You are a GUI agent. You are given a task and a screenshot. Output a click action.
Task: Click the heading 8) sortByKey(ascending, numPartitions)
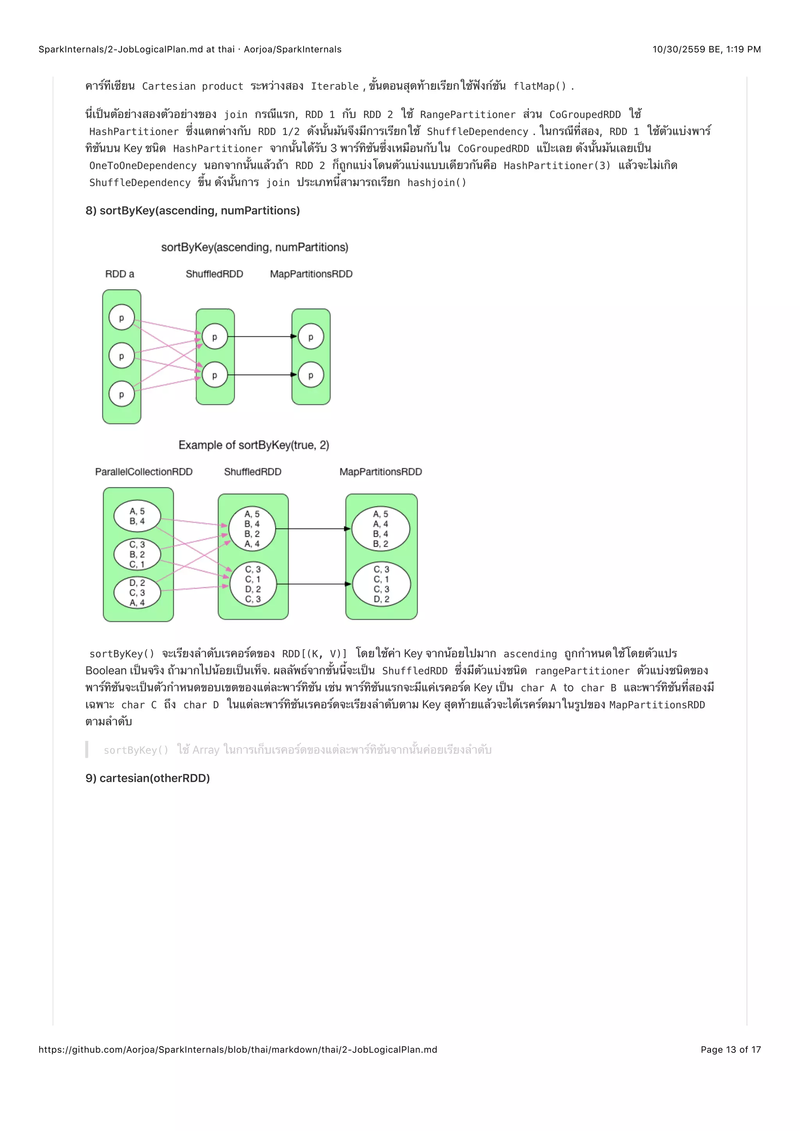[193, 211]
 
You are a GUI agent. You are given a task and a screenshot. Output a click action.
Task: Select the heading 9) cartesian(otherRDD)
[147, 778]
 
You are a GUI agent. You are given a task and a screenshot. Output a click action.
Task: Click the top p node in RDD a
[121, 318]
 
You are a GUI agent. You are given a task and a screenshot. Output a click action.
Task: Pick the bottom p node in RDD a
[121, 394]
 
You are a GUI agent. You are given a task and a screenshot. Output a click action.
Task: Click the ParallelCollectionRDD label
[143, 472]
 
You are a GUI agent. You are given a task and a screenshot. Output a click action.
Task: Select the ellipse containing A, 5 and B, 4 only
[137, 516]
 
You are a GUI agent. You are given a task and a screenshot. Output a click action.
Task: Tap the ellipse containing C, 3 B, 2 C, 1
[137, 555]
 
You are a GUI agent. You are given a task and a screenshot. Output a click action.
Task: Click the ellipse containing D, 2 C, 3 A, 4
[137, 592]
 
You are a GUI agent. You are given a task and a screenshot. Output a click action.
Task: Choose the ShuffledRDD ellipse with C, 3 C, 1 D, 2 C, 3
[253, 584]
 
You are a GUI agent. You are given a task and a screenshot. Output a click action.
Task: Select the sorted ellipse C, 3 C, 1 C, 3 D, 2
[381, 584]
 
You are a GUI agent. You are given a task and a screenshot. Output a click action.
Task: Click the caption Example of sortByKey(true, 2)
[254, 445]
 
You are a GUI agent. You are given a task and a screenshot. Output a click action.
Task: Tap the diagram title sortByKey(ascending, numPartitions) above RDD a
[255, 247]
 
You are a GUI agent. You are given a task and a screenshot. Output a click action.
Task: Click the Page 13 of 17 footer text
[730, 1050]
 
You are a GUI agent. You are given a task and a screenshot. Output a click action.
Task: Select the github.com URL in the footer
[238, 1050]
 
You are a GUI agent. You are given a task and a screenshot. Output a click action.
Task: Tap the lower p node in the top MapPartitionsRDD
[311, 375]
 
